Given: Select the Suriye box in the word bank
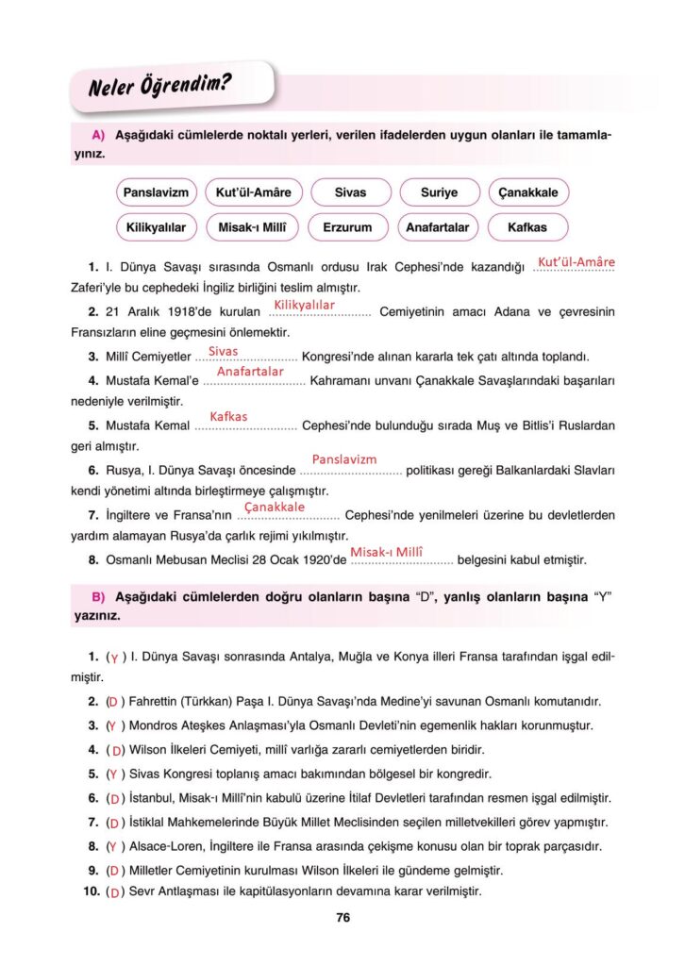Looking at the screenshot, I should point(440,192).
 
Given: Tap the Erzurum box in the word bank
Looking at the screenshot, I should point(347,227).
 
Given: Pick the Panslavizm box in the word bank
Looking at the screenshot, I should point(156,192).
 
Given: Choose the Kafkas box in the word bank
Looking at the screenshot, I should point(527,227).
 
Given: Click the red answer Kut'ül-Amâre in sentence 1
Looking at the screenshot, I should point(576,261).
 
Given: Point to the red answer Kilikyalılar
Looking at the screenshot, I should point(305,305).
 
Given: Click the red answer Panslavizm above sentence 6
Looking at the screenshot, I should point(344,459).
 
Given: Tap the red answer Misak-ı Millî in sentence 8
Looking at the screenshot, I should point(387,552).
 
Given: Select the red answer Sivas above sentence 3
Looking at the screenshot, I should point(224,351).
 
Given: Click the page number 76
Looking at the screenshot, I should point(342,917).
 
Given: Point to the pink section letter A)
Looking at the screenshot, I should point(97,136).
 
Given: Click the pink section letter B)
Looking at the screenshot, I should point(97,598).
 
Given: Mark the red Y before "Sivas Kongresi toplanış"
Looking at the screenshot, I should point(112,774).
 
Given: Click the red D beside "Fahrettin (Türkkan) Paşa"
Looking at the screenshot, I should point(113,702).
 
